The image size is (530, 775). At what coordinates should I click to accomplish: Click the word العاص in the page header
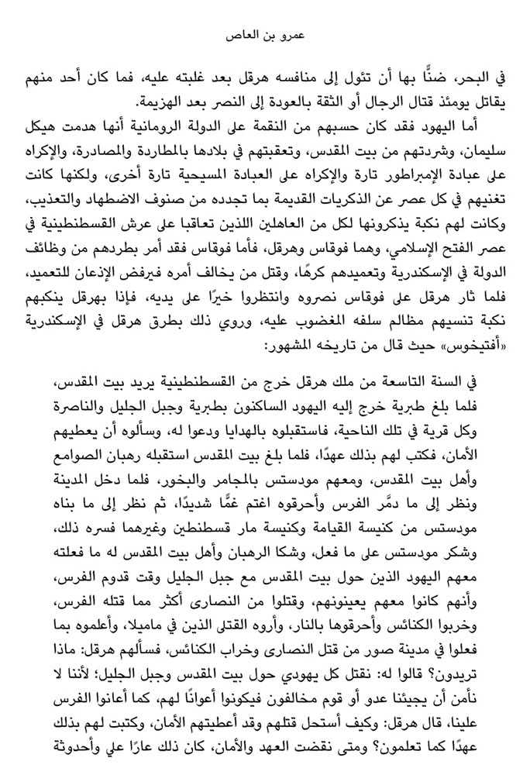[239, 36]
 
